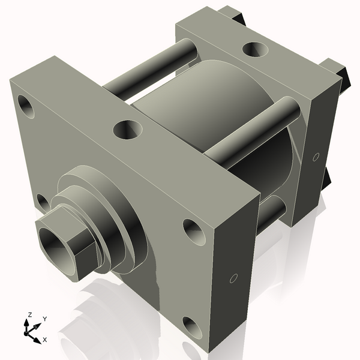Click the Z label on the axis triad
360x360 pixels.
click(29, 314)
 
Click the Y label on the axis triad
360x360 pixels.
click(45, 319)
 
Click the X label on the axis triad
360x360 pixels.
click(45, 340)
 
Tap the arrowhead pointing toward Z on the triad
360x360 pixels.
click(27, 323)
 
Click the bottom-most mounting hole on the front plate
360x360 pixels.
click(193, 327)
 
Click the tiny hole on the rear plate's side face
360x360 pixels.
click(316, 157)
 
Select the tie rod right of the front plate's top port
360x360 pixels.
click(252, 131)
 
